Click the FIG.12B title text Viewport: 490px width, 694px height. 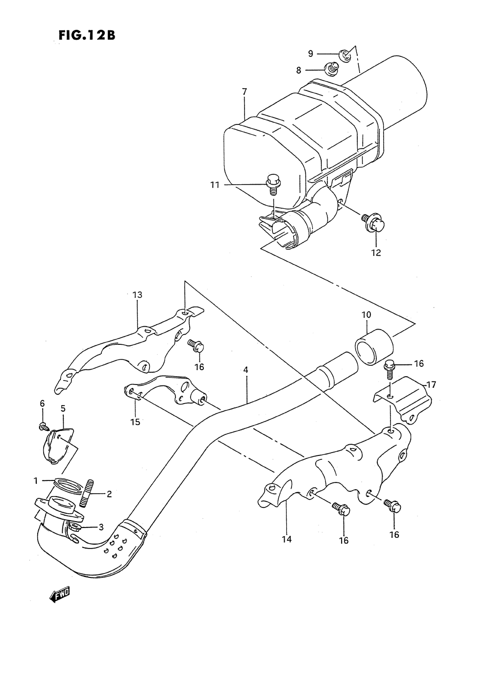click(86, 36)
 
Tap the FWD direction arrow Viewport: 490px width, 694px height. click(60, 594)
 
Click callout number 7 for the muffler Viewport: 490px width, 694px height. click(245, 92)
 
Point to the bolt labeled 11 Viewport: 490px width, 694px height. click(273, 184)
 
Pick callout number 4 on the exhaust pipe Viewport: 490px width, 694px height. click(245, 370)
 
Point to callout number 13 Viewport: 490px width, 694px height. click(137, 295)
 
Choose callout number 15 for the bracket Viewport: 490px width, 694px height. click(135, 421)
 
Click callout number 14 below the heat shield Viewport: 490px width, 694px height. click(287, 539)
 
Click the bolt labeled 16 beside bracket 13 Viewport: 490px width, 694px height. click(196, 346)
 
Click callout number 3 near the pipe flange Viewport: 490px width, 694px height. click(101, 527)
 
